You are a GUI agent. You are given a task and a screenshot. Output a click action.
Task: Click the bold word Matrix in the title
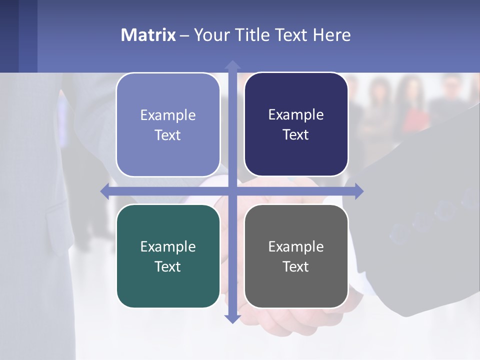pos(148,35)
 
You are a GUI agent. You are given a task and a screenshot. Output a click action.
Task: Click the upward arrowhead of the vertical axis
pos(232,64)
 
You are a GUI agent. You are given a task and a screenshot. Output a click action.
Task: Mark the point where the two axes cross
pos(232,191)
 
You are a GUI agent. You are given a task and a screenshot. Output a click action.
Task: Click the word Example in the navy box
pos(296,114)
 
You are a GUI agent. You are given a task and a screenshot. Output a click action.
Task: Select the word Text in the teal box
pos(167,266)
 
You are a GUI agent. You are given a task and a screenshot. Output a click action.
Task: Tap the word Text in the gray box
pos(295,266)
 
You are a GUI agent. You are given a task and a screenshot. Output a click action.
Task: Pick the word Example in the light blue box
pos(168,115)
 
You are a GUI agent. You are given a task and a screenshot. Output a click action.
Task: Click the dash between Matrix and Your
pos(184,35)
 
